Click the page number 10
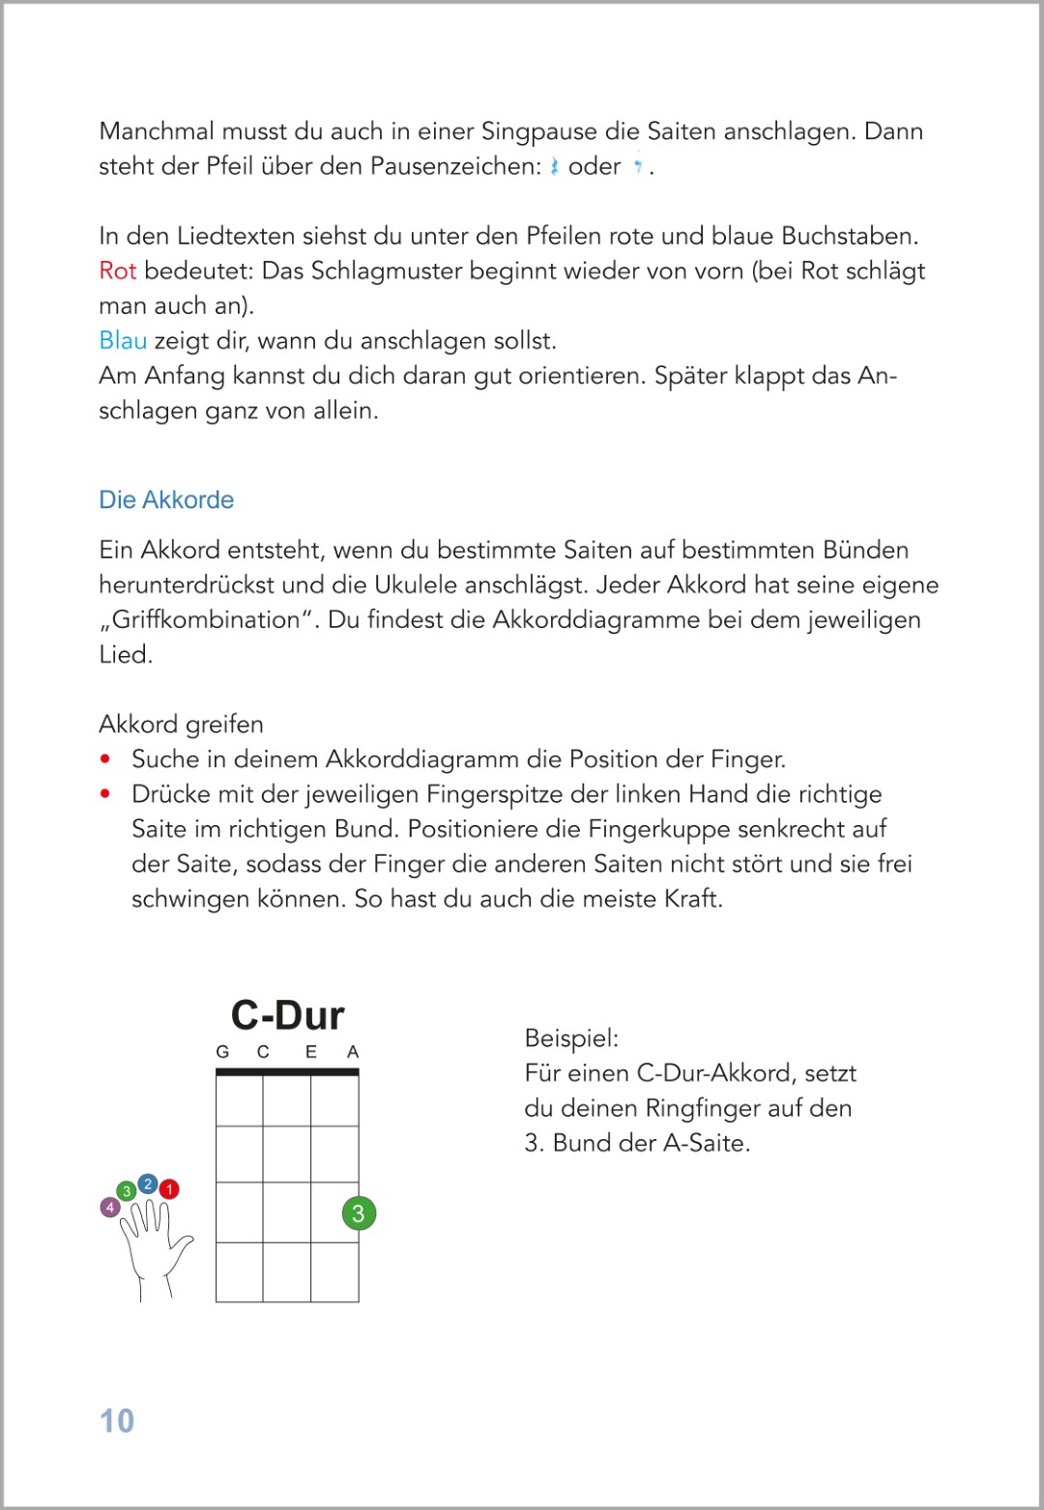click(x=117, y=1420)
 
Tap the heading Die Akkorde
click(x=166, y=499)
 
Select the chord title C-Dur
click(x=287, y=1015)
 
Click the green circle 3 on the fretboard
click(x=359, y=1213)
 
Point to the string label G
click(x=222, y=1052)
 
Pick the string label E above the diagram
click(x=311, y=1052)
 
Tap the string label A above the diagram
click(x=353, y=1052)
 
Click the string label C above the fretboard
click(x=263, y=1052)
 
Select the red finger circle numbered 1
click(x=169, y=1189)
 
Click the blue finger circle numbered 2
click(x=148, y=1183)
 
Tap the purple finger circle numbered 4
click(x=110, y=1207)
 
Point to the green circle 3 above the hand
click(x=126, y=1191)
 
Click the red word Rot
click(x=117, y=271)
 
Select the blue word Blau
click(x=123, y=340)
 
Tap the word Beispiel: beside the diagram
click(x=571, y=1039)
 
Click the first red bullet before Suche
click(x=105, y=759)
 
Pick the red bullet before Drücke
click(x=105, y=794)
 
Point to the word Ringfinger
click(x=703, y=1108)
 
